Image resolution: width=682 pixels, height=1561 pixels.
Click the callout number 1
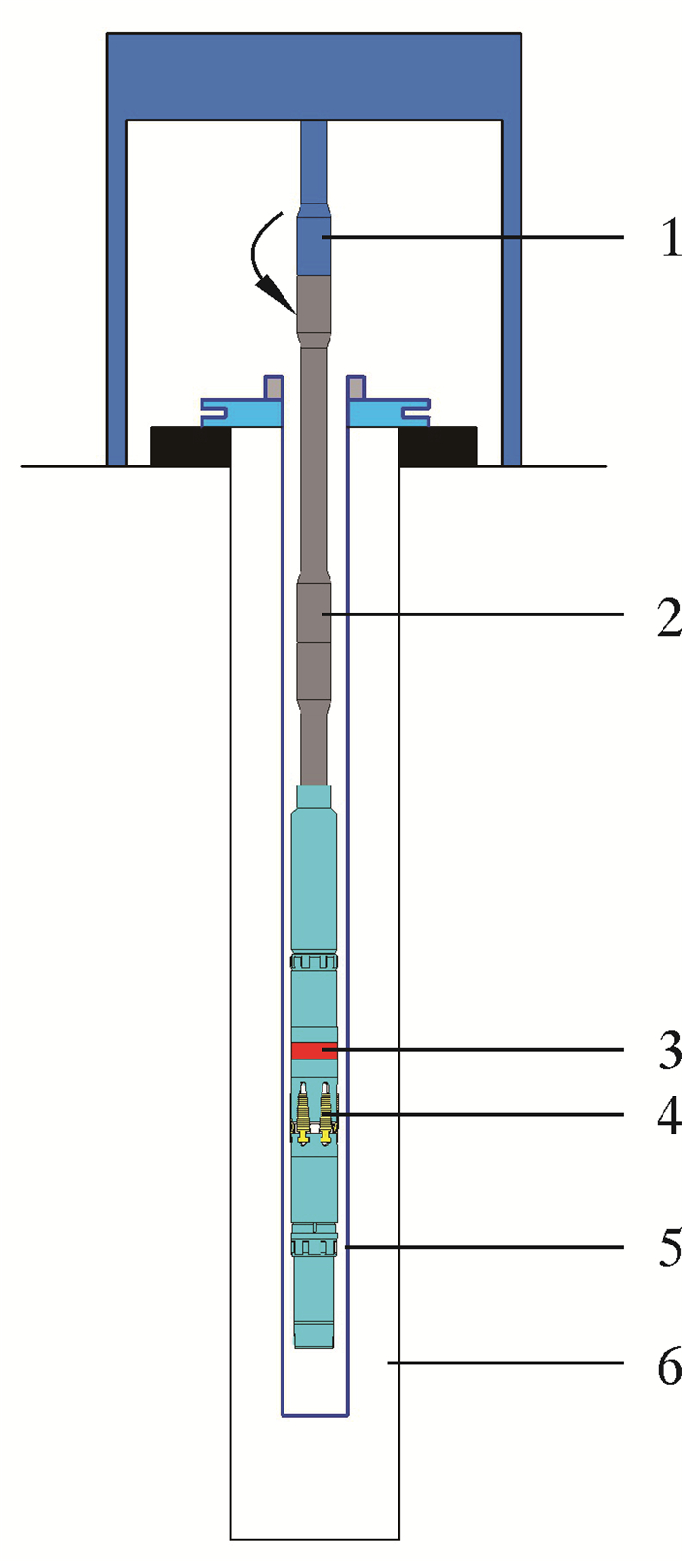pyautogui.click(x=671, y=238)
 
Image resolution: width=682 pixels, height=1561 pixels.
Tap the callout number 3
pyautogui.click(x=669, y=1050)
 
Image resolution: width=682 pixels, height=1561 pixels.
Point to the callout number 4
pyautogui.click(x=669, y=1115)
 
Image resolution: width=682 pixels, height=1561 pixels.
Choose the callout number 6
pyautogui.click(x=669, y=1363)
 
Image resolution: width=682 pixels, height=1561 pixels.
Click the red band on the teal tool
pyautogui.click(x=315, y=1050)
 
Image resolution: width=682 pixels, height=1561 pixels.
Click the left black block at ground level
pyautogui.click(x=190, y=446)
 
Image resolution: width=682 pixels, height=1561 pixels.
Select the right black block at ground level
pyautogui.click(x=437, y=446)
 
